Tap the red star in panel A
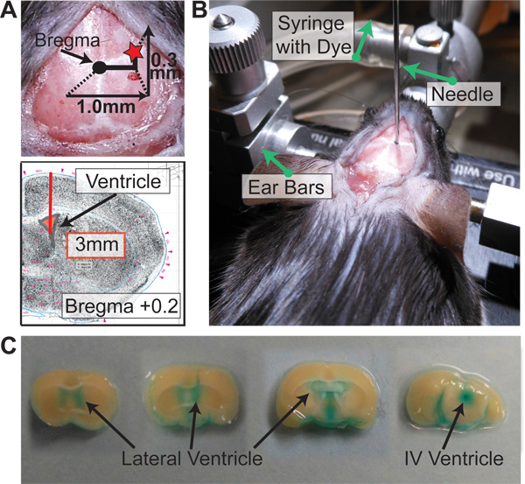click(134, 54)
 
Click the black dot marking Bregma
click(99, 67)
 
